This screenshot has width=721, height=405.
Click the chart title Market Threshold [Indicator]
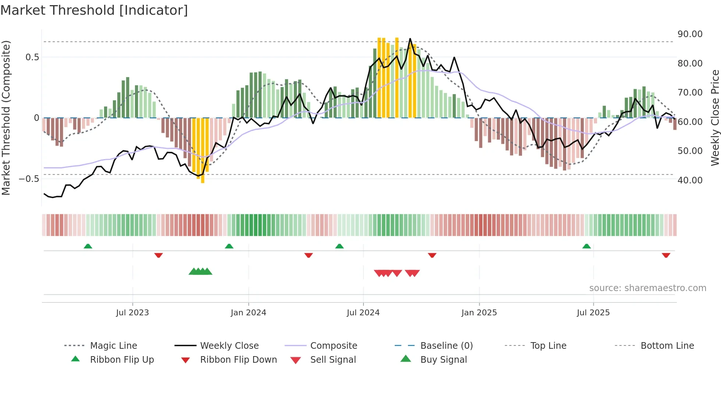click(x=94, y=10)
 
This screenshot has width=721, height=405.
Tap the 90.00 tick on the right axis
click(x=690, y=34)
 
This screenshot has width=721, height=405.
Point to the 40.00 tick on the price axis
click(x=690, y=180)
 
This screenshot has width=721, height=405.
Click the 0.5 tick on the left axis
click(x=32, y=57)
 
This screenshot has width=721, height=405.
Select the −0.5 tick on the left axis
click(x=29, y=179)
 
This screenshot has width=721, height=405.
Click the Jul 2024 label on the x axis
click(x=363, y=313)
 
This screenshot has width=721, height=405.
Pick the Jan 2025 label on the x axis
click(x=479, y=313)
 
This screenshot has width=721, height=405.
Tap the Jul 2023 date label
click(x=132, y=313)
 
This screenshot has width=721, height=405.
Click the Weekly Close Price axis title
click(x=714, y=118)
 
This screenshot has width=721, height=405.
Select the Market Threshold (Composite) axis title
click(x=6, y=118)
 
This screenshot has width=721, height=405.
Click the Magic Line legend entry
click(x=113, y=346)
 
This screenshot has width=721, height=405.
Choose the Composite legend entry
click(x=333, y=346)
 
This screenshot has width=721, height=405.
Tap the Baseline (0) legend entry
click(x=446, y=346)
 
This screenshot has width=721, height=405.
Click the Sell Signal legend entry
click(x=333, y=360)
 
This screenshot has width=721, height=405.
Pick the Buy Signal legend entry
click(x=443, y=360)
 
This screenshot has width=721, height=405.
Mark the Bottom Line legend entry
click(x=667, y=346)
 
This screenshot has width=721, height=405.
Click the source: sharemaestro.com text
click(x=647, y=288)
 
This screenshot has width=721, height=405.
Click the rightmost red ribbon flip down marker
click(x=666, y=255)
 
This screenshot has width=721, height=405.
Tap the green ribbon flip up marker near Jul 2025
click(x=586, y=246)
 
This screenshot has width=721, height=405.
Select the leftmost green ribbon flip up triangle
click(x=88, y=246)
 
